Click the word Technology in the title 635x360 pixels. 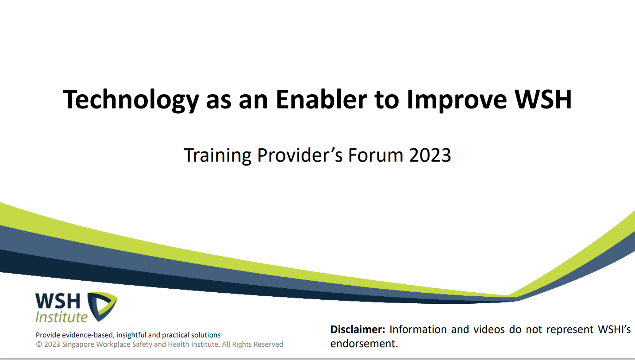pos(131,100)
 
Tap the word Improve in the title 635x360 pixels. pos(457,101)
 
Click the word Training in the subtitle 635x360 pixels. pos(218,155)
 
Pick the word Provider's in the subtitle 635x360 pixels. pos(300,155)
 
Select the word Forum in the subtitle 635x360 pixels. pos(376,155)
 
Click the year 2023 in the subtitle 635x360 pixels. pos(430,155)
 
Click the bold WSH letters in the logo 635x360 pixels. pos(58,301)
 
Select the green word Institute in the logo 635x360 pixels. pos(62,317)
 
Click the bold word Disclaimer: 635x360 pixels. pos(358,329)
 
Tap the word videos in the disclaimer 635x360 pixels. pos(489,329)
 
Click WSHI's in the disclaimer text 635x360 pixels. pos(615,329)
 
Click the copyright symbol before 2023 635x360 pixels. pos(39,345)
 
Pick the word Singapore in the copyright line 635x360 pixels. pos(78,345)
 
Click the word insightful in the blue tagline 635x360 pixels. pos(131,335)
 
